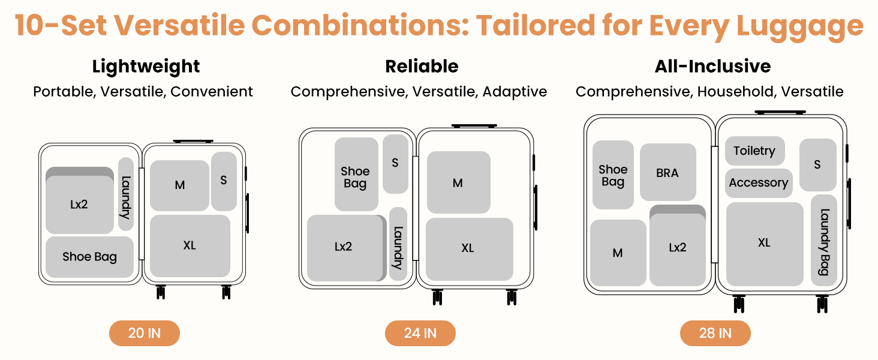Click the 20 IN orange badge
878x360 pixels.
[145, 333]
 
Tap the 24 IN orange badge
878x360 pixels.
[420, 333]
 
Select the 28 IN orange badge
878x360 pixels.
[715, 333]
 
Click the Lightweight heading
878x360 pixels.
[146, 67]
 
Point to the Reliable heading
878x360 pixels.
[422, 67]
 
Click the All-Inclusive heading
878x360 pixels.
[712, 67]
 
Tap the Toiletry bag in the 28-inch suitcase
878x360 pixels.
[754, 151]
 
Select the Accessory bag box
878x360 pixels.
[759, 183]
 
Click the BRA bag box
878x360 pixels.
[667, 173]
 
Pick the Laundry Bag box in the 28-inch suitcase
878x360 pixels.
[824, 240]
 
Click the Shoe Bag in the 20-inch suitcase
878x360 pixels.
[89, 257]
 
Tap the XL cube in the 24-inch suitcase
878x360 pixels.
[469, 248]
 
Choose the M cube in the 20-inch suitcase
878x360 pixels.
[179, 185]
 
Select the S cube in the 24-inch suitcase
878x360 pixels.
[395, 163]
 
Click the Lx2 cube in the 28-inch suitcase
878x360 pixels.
[678, 247]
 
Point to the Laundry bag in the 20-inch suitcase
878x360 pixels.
[126, 194]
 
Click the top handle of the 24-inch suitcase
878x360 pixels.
[474, 126]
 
